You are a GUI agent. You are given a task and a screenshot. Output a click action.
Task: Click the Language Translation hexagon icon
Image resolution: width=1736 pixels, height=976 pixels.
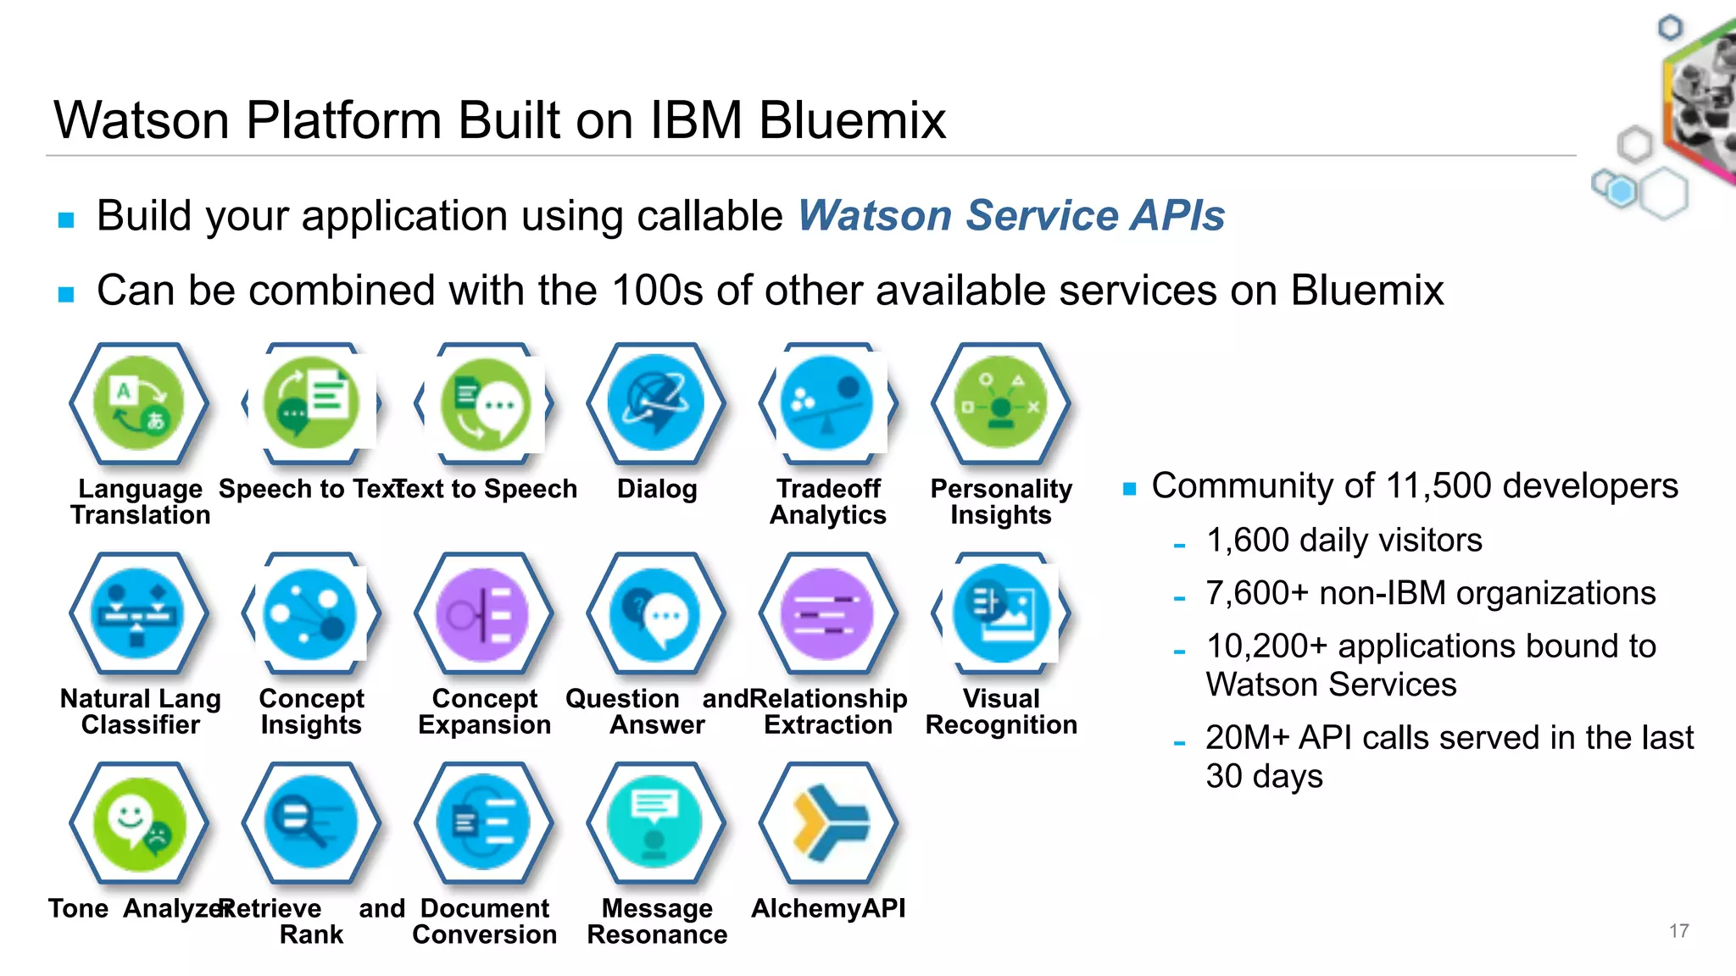click(x=139, y=403)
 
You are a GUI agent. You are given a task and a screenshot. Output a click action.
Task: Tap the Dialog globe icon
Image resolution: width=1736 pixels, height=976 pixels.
click(x=656, y=403)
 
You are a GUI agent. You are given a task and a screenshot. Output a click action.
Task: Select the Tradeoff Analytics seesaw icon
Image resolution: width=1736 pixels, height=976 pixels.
click(x=828, y=403)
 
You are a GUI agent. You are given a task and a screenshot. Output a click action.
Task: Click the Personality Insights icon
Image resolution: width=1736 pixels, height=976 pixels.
click(x=1000, y=403)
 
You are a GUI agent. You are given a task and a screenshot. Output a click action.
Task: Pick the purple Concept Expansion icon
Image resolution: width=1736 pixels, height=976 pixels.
click(x=483, y=613)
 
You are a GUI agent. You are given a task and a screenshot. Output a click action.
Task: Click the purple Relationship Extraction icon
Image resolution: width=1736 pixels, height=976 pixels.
click(x=828, y=613)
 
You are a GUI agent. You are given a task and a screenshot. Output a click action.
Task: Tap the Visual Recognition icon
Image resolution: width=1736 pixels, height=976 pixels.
click(x=1000, y=613)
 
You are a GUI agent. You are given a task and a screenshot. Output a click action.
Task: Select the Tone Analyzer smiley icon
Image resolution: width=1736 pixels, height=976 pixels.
click(x=139, y=823)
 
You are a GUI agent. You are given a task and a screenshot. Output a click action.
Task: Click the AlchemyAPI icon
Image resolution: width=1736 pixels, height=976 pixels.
click(x=828, y=823)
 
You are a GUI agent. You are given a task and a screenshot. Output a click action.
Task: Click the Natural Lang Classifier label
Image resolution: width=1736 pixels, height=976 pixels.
click(x=140, y=712)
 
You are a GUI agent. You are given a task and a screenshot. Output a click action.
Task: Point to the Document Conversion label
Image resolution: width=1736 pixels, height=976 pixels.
click(x=484, y=921)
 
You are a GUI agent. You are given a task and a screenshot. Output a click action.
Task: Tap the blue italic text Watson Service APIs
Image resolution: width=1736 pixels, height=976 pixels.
click(x=1010, y=215)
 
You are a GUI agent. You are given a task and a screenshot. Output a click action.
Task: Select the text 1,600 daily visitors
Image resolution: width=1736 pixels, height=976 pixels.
click(x=1344, y=541)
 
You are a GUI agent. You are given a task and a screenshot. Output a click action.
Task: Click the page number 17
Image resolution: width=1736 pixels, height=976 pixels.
click(x=1678, y=931)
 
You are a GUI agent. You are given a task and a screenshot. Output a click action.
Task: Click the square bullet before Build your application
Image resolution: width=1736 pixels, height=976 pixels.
click(x=66, y=220)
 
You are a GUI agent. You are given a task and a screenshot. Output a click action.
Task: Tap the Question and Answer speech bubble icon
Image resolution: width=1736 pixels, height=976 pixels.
click(x=656, y=613)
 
